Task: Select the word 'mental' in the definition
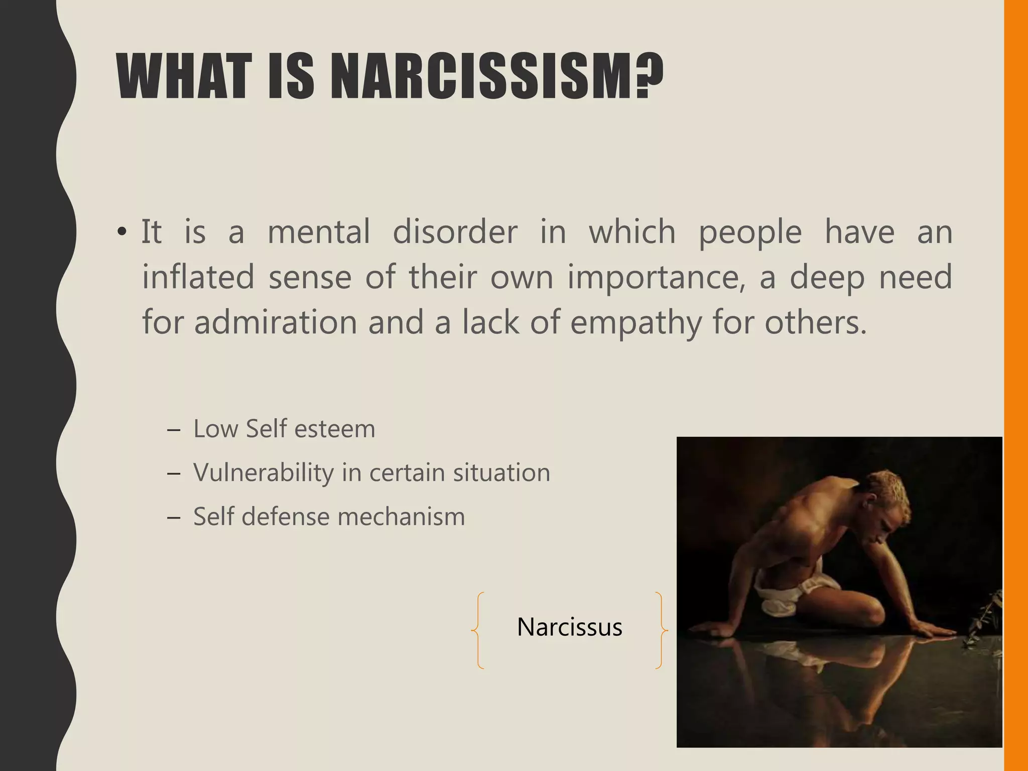319,232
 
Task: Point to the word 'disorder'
455,232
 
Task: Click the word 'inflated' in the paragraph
198,277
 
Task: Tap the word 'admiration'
275,322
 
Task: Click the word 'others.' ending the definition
816,322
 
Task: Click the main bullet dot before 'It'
121,233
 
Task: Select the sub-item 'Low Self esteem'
284,429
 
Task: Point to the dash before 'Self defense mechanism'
173,517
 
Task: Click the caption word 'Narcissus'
569,627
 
